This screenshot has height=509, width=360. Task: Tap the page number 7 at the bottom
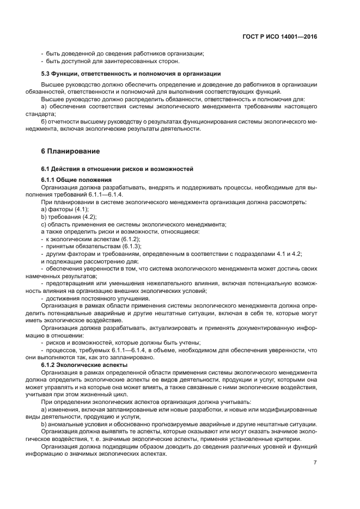pyautogui.click(x=315, y=463)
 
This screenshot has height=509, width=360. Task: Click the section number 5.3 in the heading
pyautogui.click(x=47, y=73)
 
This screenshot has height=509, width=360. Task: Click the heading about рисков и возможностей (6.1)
pyautogui.click(x=117, y=169)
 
